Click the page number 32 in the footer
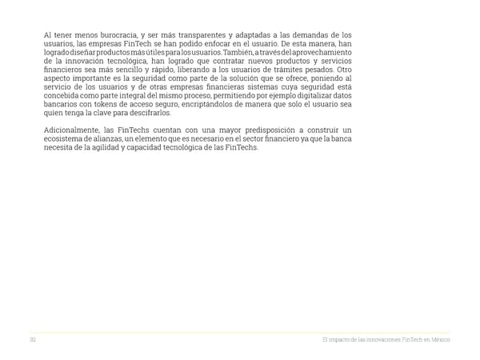(34, 340)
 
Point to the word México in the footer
(440, 340)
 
